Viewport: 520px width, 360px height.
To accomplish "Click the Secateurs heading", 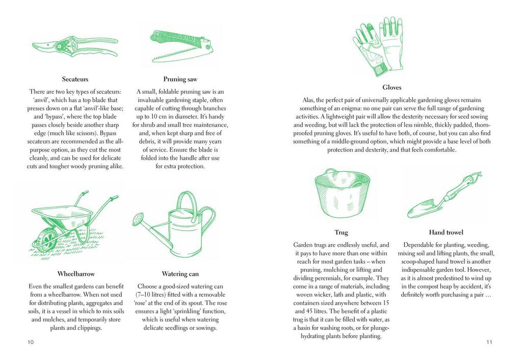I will pyautogui.click(x=75, y=79).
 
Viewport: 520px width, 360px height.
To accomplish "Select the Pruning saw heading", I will pyautogui.click(x=180, y=79).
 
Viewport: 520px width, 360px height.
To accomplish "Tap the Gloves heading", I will pyautogui.click(x=392, y=88).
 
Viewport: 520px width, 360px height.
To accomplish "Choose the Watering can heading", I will pyautogui.click(x=180, y=274).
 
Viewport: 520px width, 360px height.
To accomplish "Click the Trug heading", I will pyautogui.click(x=341, y=233).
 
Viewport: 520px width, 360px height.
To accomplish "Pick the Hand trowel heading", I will pyautogui.click(x=446, y=233).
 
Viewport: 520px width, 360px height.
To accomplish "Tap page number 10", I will pyautogui.click(x=31, y=342).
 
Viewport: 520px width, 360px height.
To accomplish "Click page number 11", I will pyautogui.click(x=489, y=342).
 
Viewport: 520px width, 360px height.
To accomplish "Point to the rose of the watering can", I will pyautogui.click(x=138, y=220).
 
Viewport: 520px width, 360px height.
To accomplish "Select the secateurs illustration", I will pyautogui.click(x=74, y=46).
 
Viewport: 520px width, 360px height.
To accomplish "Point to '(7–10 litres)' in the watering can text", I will pyautogui.click(x=153, y=295).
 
